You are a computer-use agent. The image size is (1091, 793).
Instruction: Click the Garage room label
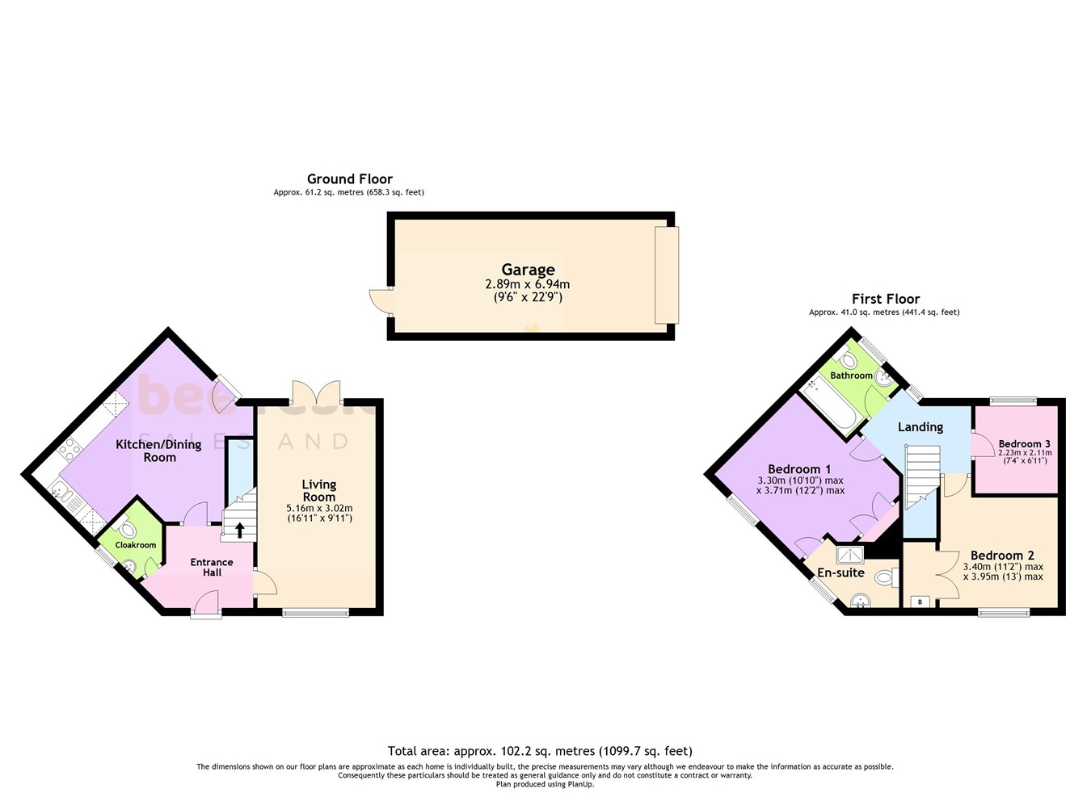pyautogui.click(x=528, y=270)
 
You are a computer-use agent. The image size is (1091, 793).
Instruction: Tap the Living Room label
pyautogui.click(x=318, y=490)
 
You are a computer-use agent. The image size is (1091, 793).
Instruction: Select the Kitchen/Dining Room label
pyautogui.click(x=159, y=451)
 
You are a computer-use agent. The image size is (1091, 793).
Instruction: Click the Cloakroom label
pyautogui.click(x=136, y=545)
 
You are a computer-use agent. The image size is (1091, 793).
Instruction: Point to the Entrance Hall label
pyautogui.click(x=212, y=567)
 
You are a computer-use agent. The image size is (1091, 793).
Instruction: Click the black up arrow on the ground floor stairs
pyautogui.click(x=239, y=531)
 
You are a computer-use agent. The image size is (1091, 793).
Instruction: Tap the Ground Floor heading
pyautogui.click(x=349, y=179)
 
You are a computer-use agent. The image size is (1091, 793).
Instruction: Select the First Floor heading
pyautogui.click(x=886, y=299)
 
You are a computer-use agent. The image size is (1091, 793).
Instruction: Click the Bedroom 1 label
pyautogui.click(x=799, y=469)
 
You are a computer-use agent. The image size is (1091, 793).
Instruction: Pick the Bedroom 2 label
pyautogui.click(x=1002, y=556)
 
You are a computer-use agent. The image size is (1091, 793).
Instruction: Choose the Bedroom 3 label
pyautogui.click(x=1024, y=443)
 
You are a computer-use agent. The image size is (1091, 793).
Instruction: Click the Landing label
pyautogui.click(x=920, y=426)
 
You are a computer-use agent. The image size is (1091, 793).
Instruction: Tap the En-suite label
pyautogui.click(x=840, y=573)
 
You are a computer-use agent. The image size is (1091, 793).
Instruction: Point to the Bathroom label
pyautogui.click(x=851, y=376)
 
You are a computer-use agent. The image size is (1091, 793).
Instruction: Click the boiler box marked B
pyautogui.click(x=920, y=602)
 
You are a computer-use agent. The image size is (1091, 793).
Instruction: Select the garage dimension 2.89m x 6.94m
pyautogui.click(x=528, y=284)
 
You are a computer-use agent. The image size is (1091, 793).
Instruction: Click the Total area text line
pyautogui.click(x=540, y=751)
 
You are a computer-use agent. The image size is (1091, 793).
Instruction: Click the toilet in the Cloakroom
pyautogui.click(x=125, y=530)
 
